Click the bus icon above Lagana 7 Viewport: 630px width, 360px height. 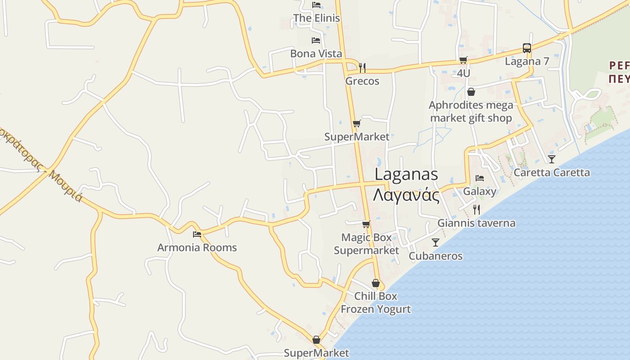click(526, 48)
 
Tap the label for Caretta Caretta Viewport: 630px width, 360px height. click(551, 172)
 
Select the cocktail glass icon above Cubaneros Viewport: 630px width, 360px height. click(435, 243)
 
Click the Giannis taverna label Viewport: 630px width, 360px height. click(476, 223)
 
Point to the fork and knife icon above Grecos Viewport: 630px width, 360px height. click(362, 68)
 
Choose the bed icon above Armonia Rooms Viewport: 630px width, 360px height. click(197, 234)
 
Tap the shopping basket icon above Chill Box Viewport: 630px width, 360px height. click(376, 283)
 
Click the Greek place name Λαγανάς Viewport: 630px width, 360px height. click(406, 195)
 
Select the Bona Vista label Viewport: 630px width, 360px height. click(316, 54)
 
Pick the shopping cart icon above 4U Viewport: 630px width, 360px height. click(463, 60)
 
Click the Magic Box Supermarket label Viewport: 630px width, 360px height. click(366, 244)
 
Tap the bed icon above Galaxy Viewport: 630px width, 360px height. click(480, 178)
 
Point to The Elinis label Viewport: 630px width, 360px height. click(316, 18)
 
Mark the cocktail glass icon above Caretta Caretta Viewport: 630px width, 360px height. click(551, 159)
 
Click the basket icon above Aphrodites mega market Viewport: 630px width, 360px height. click(471, 92)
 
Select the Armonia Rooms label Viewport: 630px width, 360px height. click(197, 247)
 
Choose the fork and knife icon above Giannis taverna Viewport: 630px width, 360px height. click(476, 209)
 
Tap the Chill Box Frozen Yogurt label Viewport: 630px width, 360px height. click(375, 302)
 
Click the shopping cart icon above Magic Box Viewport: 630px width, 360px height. click(366, 224)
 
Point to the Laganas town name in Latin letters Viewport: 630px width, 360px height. click(406, 174)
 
